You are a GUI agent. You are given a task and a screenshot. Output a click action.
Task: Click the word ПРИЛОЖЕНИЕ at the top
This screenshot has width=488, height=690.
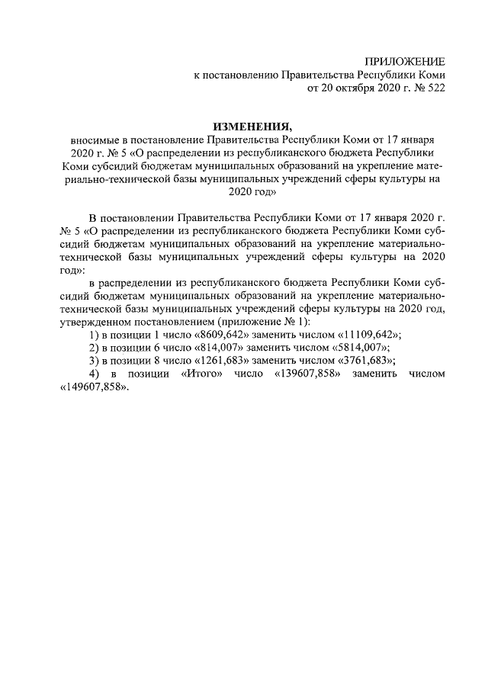click(404, 61)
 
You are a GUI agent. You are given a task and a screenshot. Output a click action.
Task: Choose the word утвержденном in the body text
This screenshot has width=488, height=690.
click(93, 323)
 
